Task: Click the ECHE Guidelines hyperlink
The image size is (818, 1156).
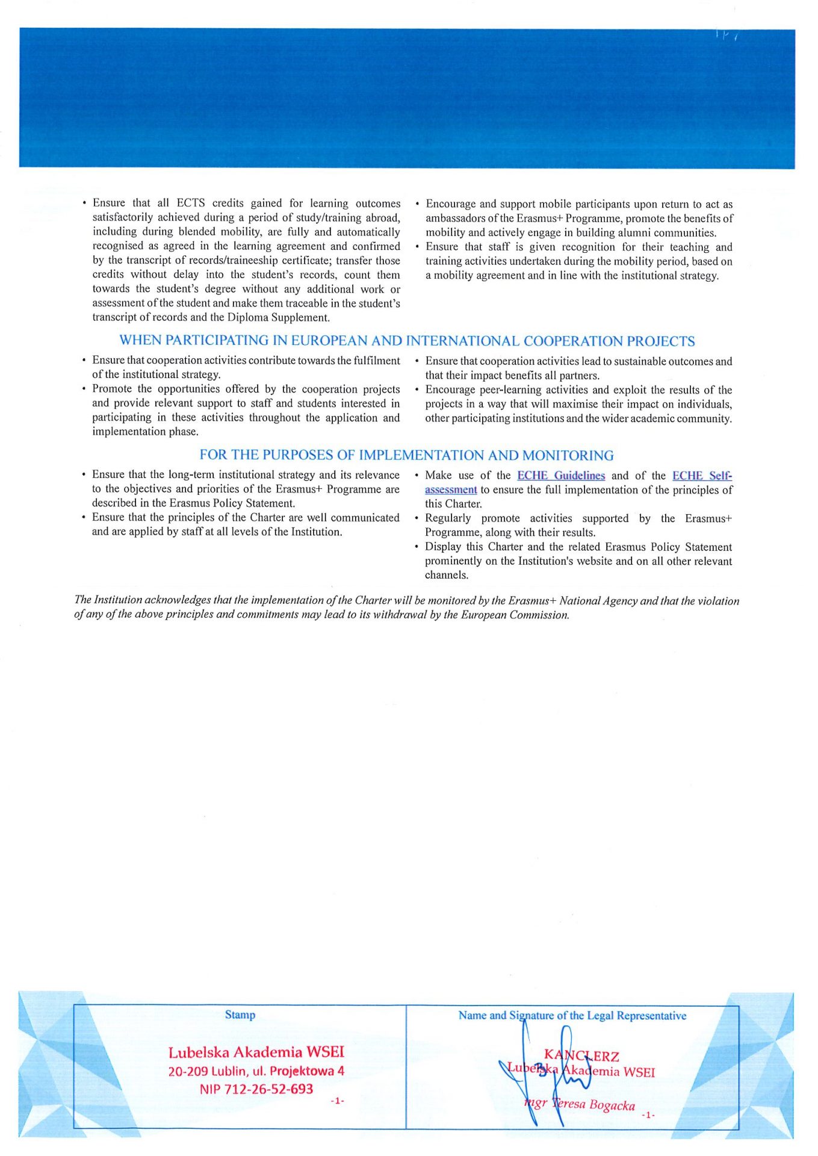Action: click(x=561, y=476)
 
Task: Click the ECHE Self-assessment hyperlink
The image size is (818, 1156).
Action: click(x=701, y=476)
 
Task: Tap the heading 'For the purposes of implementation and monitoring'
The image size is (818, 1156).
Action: click(x=406, y=455)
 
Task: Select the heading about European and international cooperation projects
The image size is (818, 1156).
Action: click(x=407, y=341)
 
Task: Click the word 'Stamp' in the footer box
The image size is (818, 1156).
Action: click(x=240, y=1015)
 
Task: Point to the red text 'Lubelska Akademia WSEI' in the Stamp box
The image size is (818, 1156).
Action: click(x=256, y=1052)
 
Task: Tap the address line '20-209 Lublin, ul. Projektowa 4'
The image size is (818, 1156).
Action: click(x=256, y=1071)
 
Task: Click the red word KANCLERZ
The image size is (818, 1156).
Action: click(x=581, y=1055)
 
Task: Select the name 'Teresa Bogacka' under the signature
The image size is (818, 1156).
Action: click(x=594, y=1104)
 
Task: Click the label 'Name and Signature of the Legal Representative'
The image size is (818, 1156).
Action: click(x=572, y=1016)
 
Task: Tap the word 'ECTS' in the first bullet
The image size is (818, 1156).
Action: click(x=191, y=203)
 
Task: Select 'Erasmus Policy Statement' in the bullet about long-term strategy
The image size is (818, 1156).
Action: click(x=232, y=503)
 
